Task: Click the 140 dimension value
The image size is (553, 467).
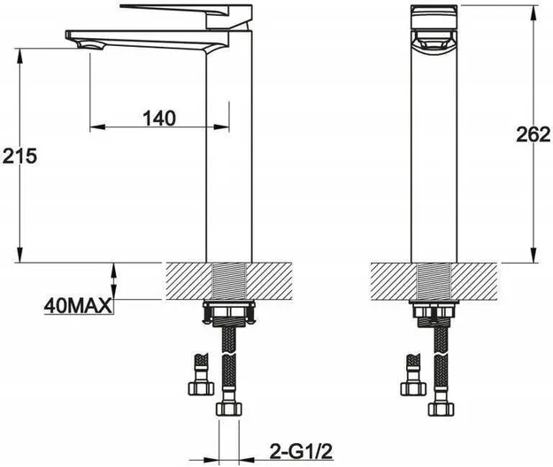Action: (159, 118)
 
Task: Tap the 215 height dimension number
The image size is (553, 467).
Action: (19, 156)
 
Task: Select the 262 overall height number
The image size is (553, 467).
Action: (534, 134)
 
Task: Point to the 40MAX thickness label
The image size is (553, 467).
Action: (78, 306)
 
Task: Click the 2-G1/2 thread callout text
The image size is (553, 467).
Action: (301, 450)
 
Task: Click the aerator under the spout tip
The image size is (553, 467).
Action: (90, 45)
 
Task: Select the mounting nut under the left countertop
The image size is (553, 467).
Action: (228, 311)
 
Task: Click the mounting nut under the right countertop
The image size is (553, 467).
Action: (434, 311)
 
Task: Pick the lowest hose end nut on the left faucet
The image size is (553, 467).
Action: (229, 409)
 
